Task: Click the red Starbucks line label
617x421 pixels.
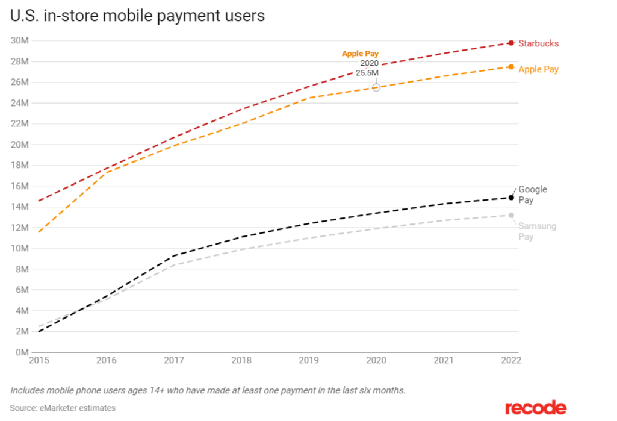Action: pyautogui.click(x=538, y=43)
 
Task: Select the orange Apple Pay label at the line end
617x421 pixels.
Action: pyautogui.click(x=538, y=69)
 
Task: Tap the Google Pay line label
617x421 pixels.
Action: pyautogui.click(x=533, y=195)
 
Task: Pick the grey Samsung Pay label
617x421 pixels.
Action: pyautogui.click(x=537, y=231)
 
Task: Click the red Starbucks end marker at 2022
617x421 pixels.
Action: pyautogui.click(x=511, y=43)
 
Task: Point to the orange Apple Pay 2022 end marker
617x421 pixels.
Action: pyautogui.click(x=511, y=67)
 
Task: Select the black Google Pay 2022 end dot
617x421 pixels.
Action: pyautogui.click(x=511, y=198)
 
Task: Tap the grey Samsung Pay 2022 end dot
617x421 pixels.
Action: pyautogui.click(x=511, y=215)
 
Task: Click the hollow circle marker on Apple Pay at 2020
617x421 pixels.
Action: pyautogui.click(x=376, y=87)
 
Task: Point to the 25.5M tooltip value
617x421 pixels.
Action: pyautogui.click(x=367, y=73)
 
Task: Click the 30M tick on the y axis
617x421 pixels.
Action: pyautogui.click(x=20, y=41)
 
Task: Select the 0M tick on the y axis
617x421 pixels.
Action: pyautogui.click(x=22, y=352)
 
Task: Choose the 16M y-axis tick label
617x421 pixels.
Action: pyautogui.click(x=20, y=186)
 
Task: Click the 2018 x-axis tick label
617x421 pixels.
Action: pyautogui.click(x=242, y=360)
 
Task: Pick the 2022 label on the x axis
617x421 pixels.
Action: pyautogui.click(x=511, y=360)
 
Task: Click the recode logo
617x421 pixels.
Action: pyautogui.click(x=535, y=408)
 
